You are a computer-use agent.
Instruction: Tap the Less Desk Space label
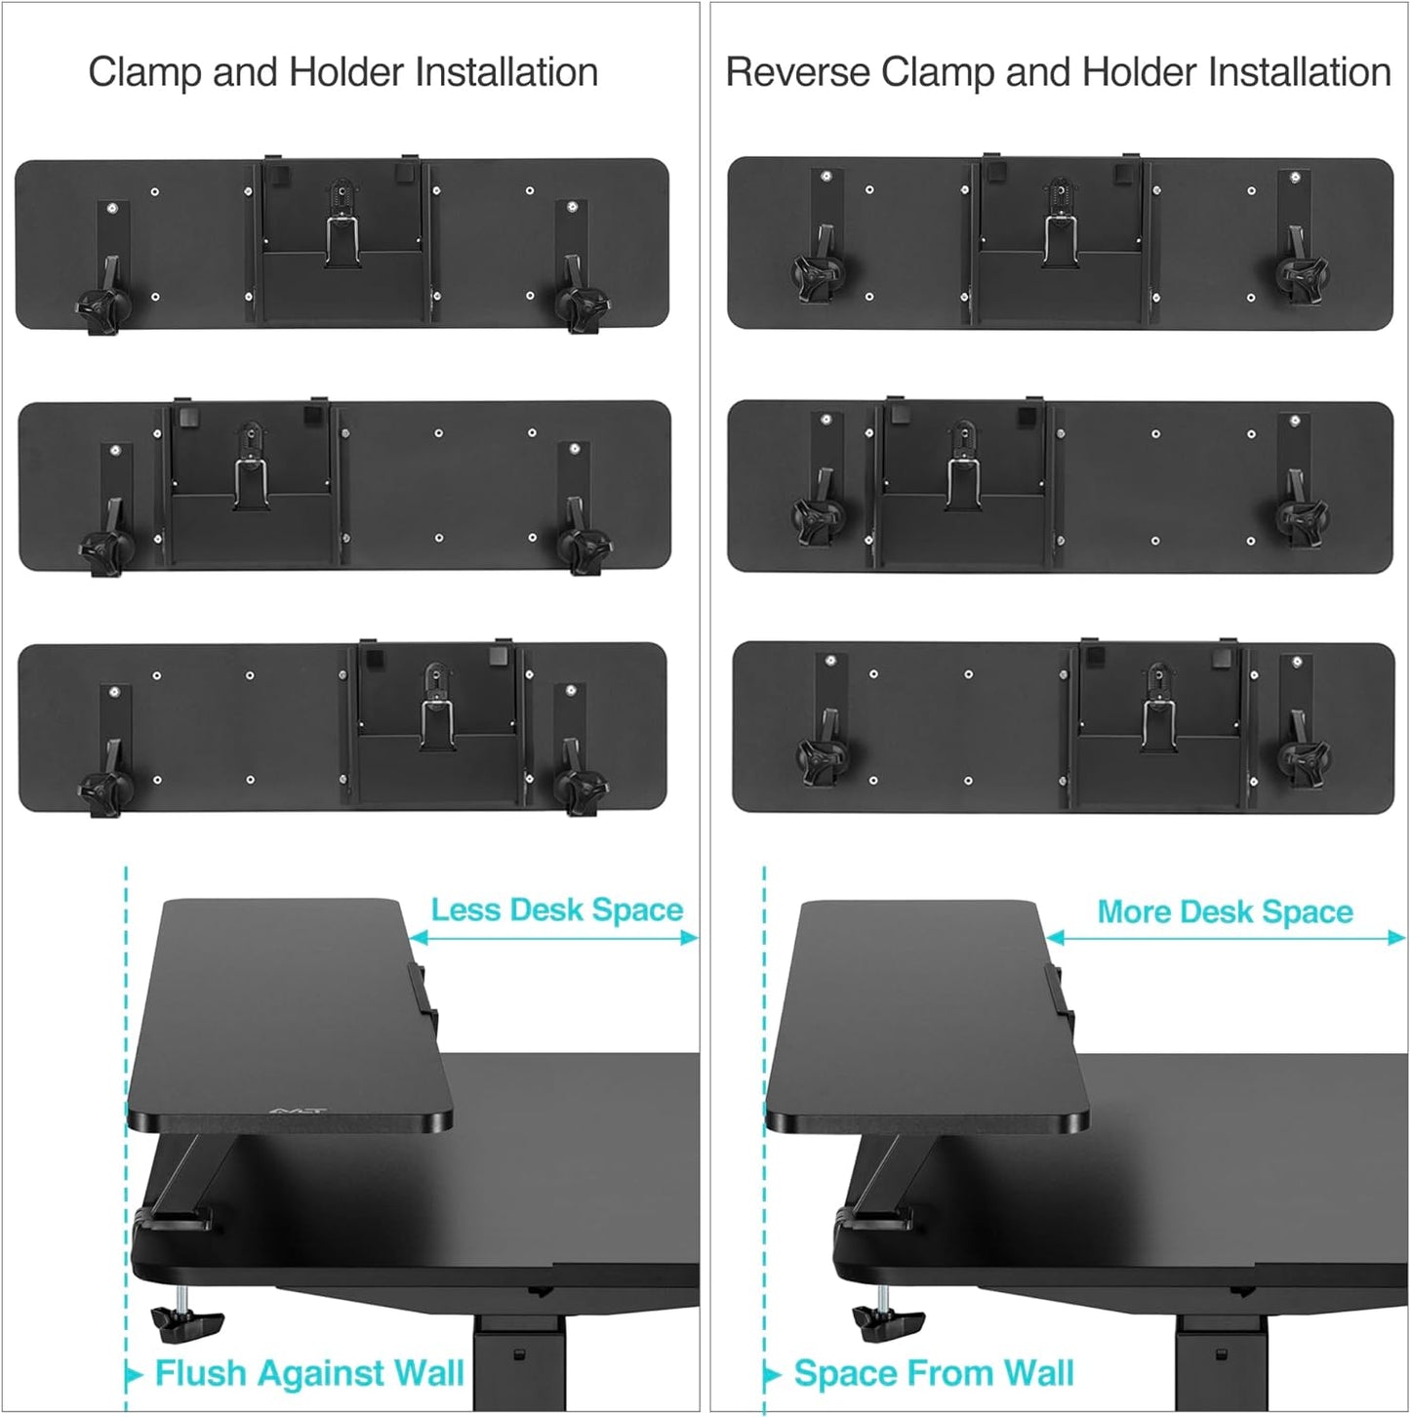coord(556,910)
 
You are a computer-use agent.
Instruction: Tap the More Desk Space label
coord(1225,911)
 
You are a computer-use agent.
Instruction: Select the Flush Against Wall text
coord(309,1373)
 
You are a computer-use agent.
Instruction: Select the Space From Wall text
coord(934,1373)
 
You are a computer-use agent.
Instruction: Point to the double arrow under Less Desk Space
coord(553,938)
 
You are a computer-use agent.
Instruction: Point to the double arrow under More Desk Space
coord(1225,938)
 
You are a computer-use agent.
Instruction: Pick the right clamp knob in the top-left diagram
coord(581,307)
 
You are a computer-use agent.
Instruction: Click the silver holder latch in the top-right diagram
coord(1060,239)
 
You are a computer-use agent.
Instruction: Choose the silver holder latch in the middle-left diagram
coord(251,482)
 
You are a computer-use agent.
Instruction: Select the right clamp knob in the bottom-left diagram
coord(580,789)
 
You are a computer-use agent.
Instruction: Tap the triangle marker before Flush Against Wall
coord(135,1376)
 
